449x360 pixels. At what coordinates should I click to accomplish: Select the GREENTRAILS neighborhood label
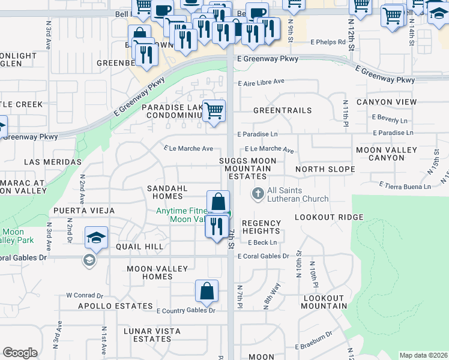[282, 110]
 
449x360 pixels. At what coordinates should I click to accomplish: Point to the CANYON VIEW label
[386, 102]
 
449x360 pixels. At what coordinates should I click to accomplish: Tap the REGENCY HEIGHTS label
[261, 227]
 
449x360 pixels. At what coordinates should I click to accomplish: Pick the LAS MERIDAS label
[53, 162]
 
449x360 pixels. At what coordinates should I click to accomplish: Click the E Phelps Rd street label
[328, 42]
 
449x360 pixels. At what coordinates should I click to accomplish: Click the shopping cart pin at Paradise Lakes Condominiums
[214, 110]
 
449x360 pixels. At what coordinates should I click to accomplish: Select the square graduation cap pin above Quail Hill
[96, 238]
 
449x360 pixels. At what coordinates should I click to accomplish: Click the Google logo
[20, 353]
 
